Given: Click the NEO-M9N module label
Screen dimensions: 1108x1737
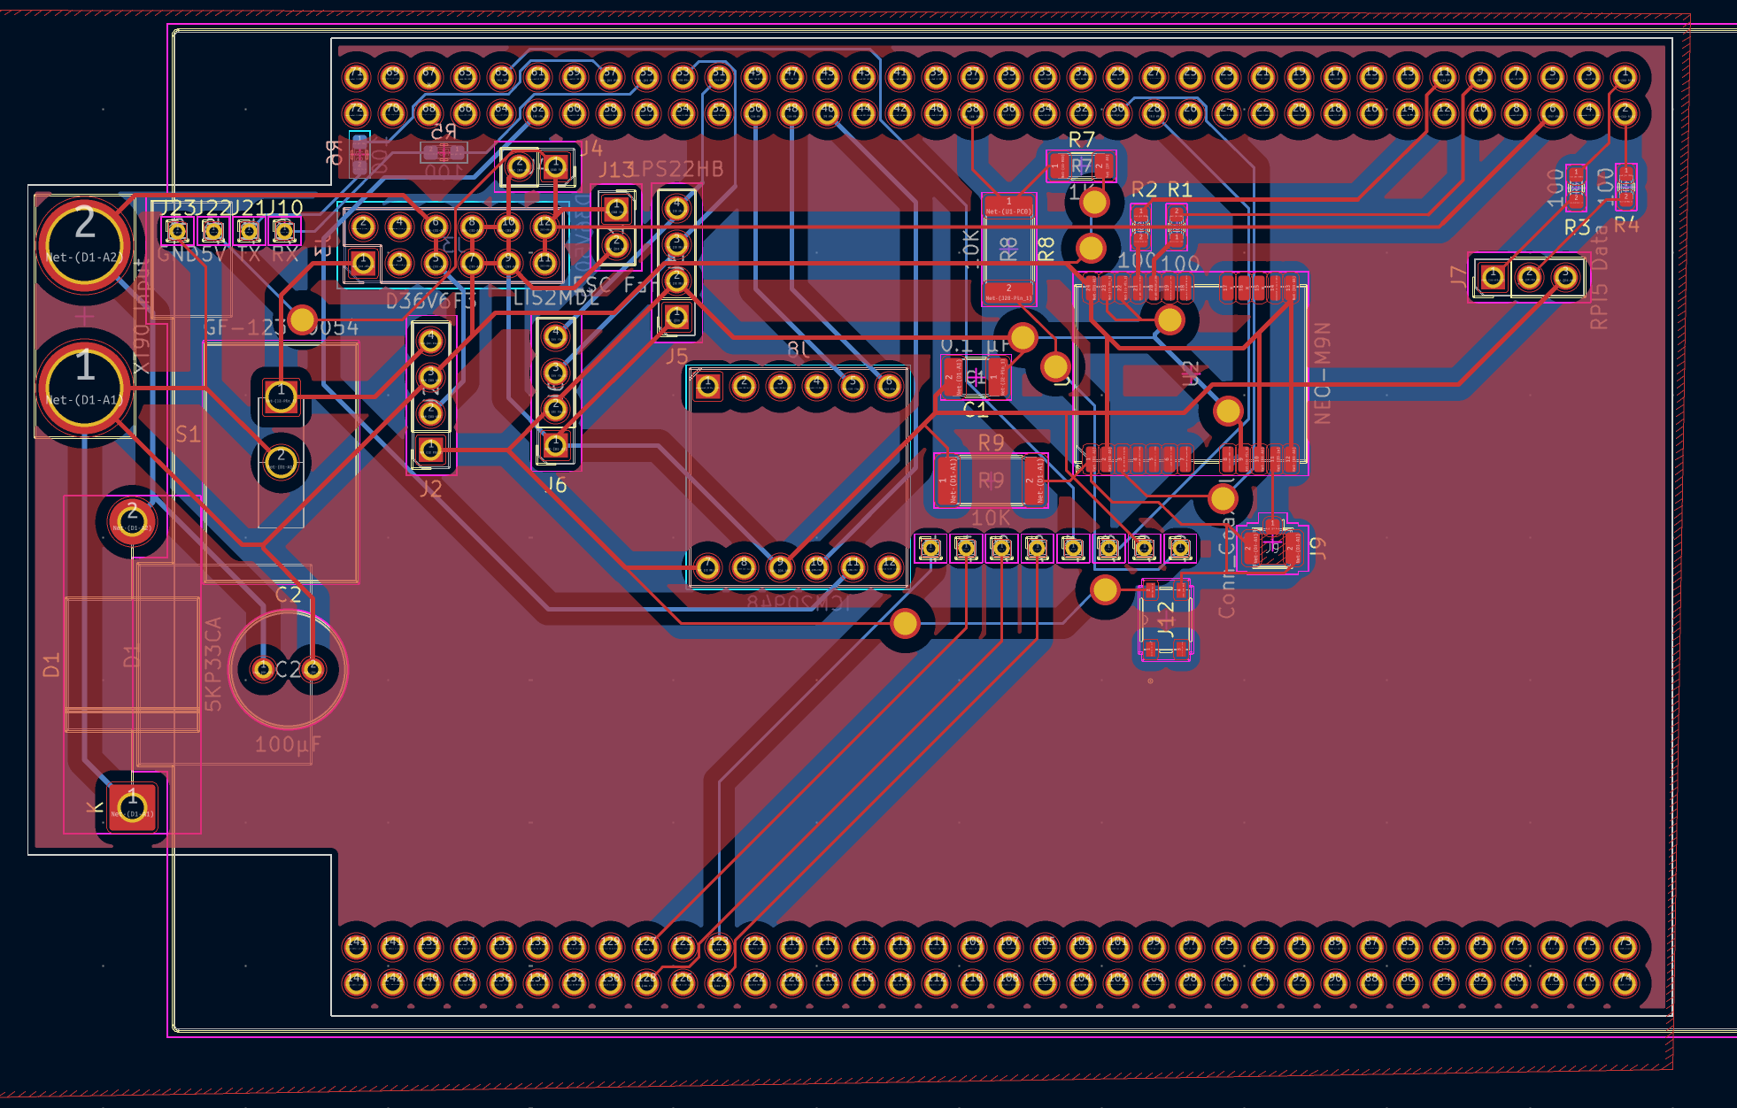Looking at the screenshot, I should [x=1322, y=373].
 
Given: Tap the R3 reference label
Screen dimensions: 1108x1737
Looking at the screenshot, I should [x=1576, y=227].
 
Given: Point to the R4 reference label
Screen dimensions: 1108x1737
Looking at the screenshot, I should [x=1626, y=226].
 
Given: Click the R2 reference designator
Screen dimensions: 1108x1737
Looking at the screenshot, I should [x=1144, y=189].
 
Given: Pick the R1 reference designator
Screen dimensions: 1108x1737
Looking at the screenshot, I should [x=1180, y=189].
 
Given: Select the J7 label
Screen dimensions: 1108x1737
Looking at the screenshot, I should [x=1458, y=276].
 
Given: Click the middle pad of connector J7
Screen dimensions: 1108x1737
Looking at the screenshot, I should [x=1529, y=278].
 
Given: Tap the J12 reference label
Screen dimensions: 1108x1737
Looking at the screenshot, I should [x=1166, y=619].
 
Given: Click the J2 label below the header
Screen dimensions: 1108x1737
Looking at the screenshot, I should [x=430, y=489].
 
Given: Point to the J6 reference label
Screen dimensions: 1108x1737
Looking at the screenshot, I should [x=555, y=485].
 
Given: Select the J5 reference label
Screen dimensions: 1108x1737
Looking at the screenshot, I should [x=676, y=357].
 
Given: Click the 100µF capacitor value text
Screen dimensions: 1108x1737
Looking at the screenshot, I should [x=288, y=744].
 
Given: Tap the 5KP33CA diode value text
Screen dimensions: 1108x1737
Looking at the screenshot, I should [x=213, y=664].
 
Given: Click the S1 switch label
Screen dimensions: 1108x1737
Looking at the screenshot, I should [x=188, y=435].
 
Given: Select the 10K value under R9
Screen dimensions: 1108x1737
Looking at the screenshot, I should [x=990, y=518].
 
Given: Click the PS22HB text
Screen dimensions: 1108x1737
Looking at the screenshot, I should [x=682, y=169].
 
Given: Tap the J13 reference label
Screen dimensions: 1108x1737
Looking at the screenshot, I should [x=617, y=170].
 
